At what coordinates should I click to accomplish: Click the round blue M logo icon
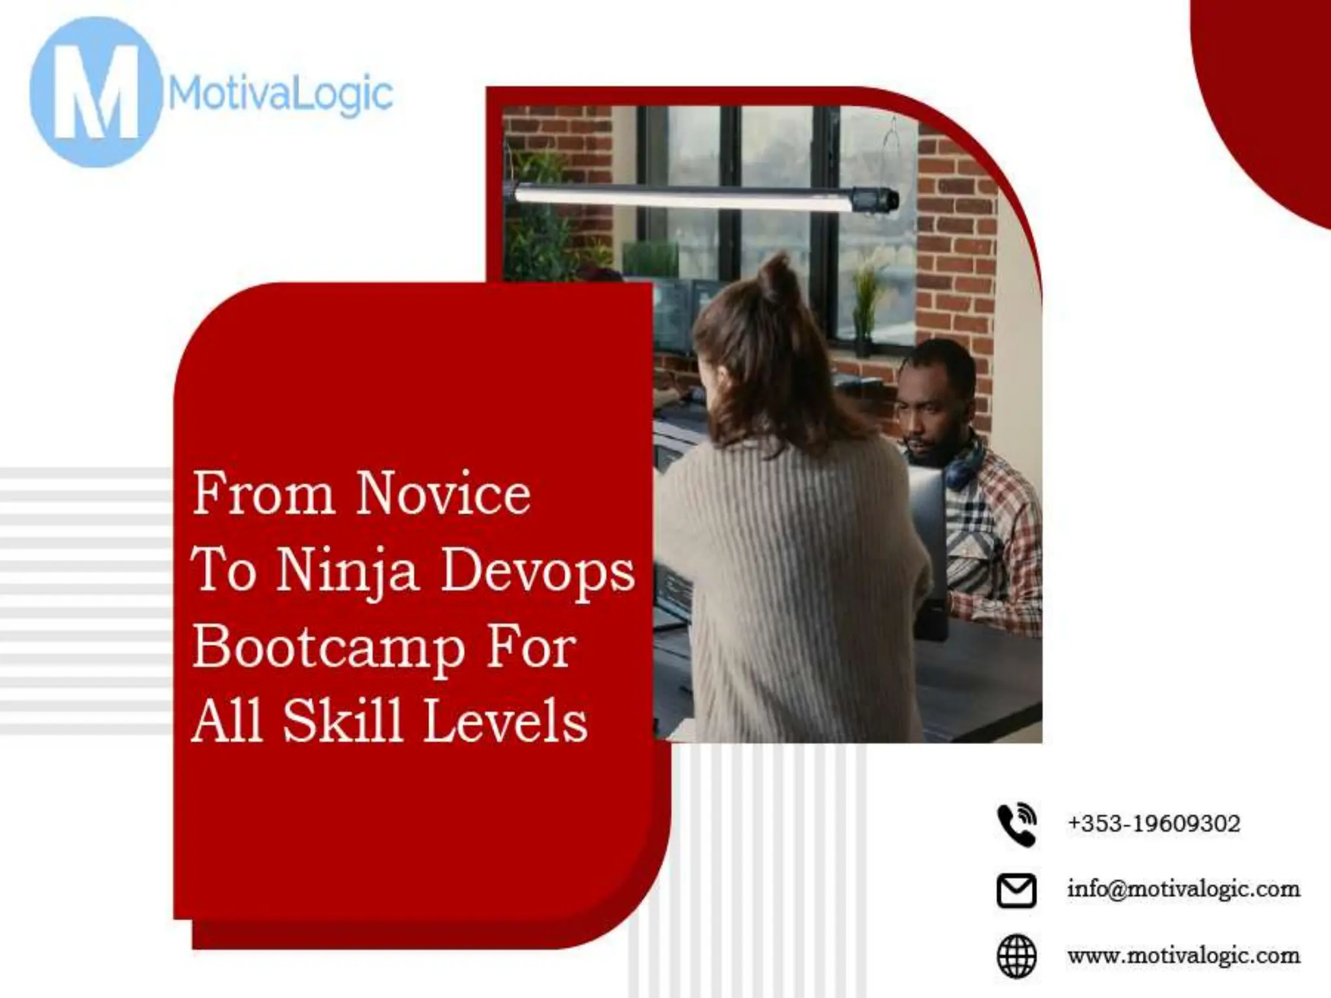point(96,92)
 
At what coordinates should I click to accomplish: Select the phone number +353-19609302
point(1154,824)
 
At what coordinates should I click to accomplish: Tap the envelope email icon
point(1016,890)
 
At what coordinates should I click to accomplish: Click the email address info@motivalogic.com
point(1183,889)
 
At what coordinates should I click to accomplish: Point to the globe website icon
point(1016,956)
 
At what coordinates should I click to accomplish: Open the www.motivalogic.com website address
point(1183,956)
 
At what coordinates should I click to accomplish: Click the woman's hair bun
point(781,279)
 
